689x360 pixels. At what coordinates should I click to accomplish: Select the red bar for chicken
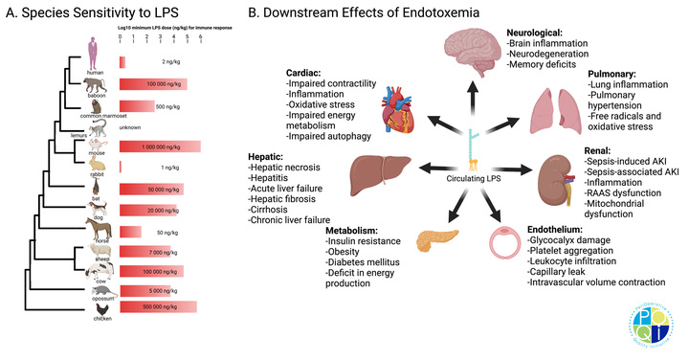158,306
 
